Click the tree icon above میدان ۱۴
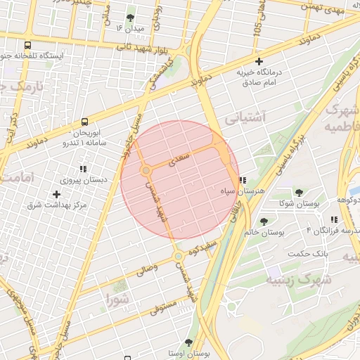click(129, 18)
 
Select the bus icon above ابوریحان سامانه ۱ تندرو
click(84, 122)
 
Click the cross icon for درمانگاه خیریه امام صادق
click(259, 62)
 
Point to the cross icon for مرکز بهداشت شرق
click(56, 194)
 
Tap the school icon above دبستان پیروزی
click(83, 169)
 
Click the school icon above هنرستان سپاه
click(243, 181)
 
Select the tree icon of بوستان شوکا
click(299, 193)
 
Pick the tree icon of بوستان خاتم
click(264, 222)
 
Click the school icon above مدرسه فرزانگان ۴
click(333, 220)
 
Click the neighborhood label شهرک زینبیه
click(294, 280)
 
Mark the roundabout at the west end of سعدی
click(146, 171)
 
